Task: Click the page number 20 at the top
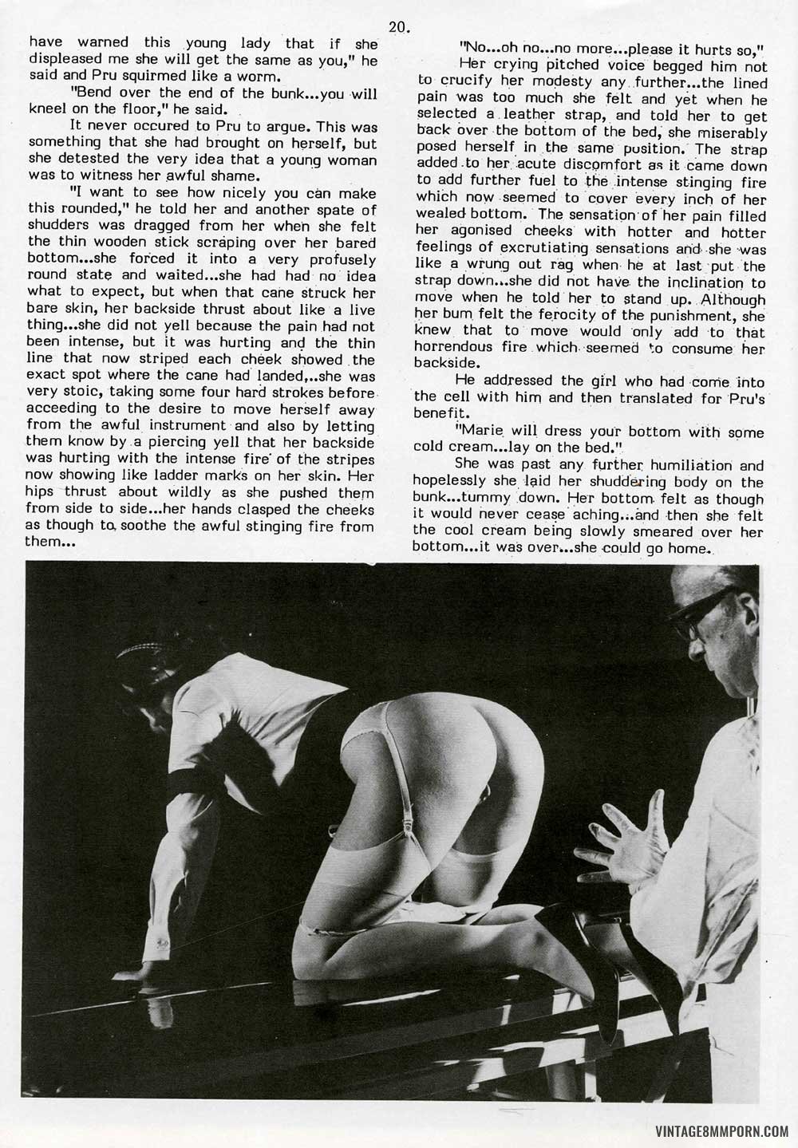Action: (x=399, y=26)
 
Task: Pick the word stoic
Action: (x=90, y=391)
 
